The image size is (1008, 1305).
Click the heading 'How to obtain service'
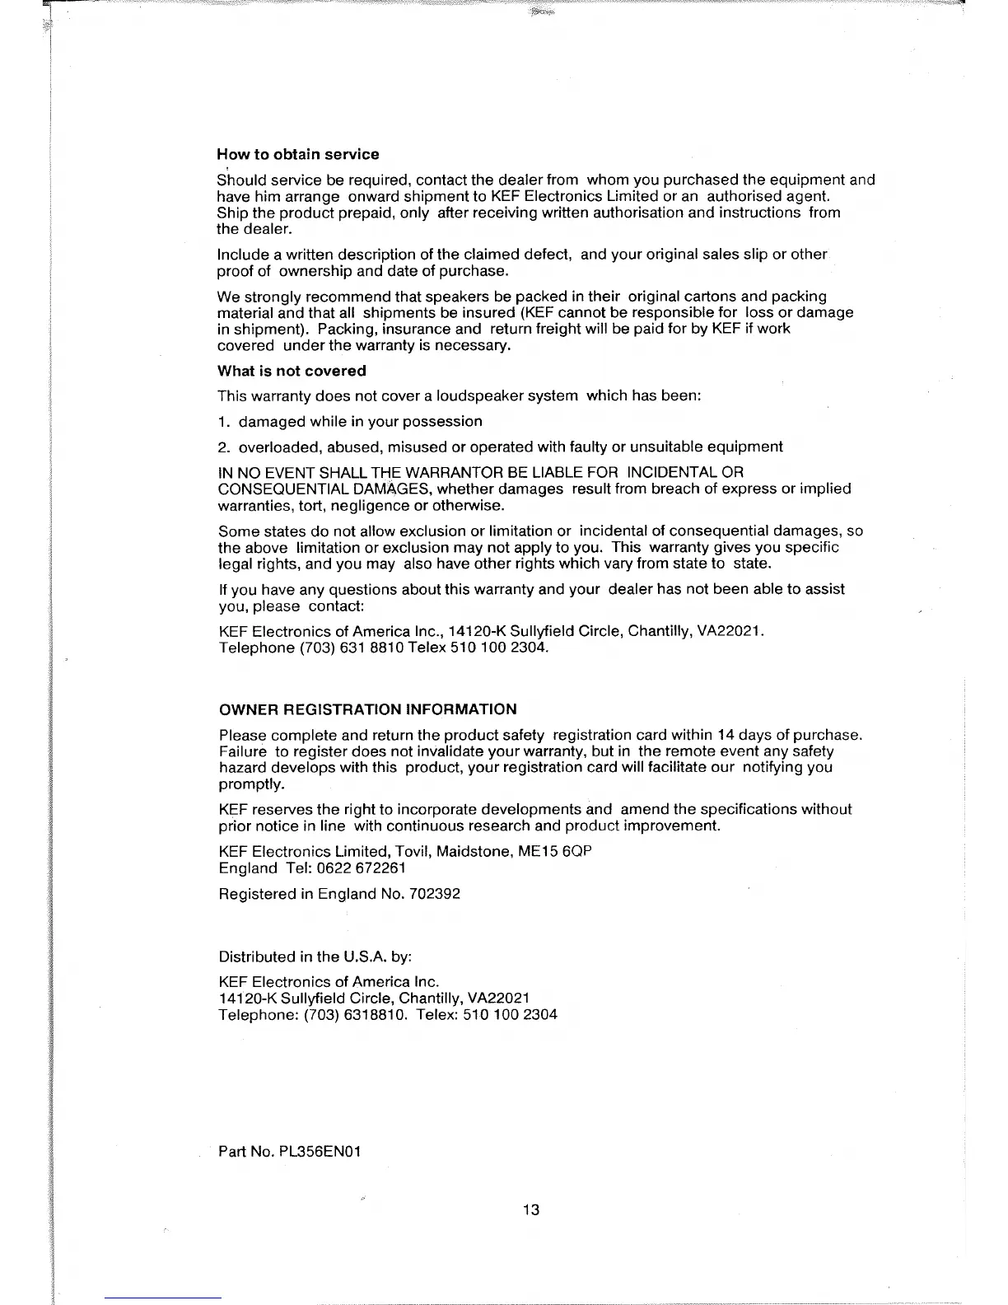pyautogui.click(x=297, y=154)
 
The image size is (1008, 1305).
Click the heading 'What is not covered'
pyautogui.click(x=292, y=371)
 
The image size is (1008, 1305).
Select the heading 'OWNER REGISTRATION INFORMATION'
pyautogui.click(x=367, y=709)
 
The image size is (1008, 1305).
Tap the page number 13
pyautogui.click(x=531, y=1209)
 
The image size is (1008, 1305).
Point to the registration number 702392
pyautogui.click(x=434, y=893)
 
